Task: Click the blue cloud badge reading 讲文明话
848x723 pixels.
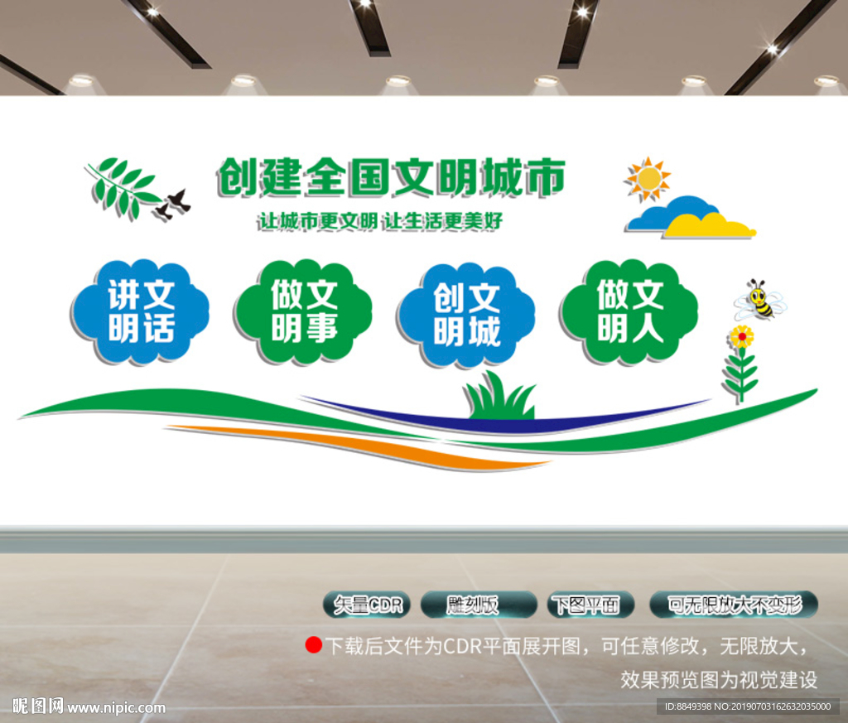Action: coord(140,311)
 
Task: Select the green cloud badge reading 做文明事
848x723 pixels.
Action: coord(303,311)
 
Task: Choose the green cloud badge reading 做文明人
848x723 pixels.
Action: coord(629,311)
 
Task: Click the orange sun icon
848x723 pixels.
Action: coord(648,178)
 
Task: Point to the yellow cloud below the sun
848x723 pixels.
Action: coord(709,225)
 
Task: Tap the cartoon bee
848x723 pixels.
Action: coord(759,300)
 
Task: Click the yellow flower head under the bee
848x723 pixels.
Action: coord(741,336)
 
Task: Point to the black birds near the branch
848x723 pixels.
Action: coord(173,204)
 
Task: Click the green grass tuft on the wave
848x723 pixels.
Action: coord(499,398)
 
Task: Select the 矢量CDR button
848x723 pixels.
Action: coord(367,605)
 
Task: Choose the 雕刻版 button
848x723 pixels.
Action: coord(473,605)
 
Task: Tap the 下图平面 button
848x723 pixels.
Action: coord(590,605)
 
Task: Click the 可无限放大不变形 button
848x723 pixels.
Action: coord(734,605)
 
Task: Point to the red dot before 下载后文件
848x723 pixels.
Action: coord(313,645)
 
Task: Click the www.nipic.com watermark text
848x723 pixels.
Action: coord(116,707)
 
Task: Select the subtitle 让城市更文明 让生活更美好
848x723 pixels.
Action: coord(380,221)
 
